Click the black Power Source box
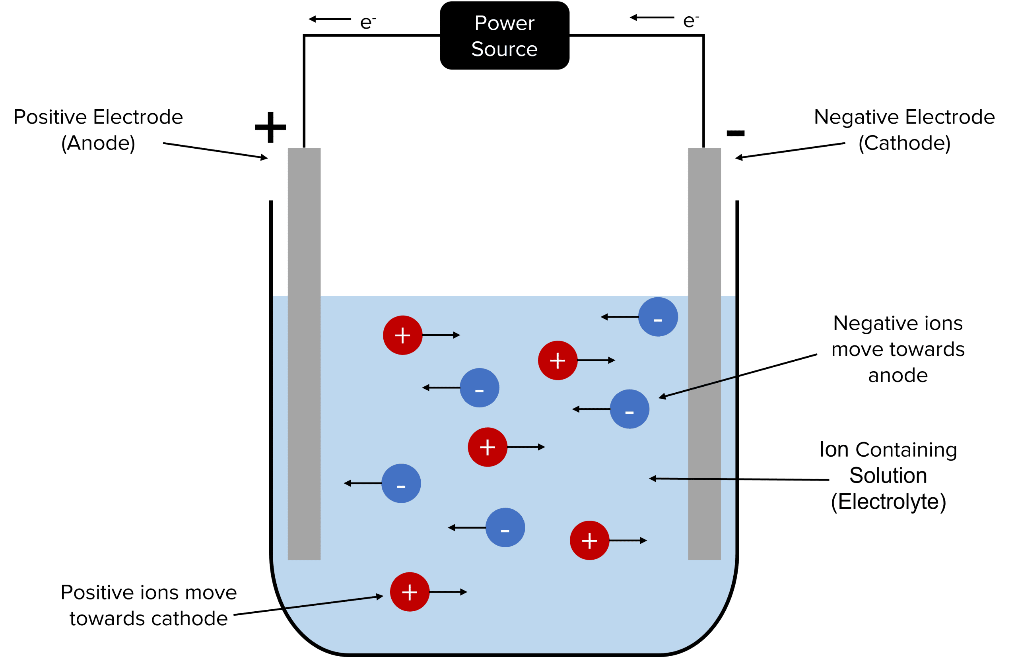tap(505, 36)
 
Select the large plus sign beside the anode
tap(270, 127)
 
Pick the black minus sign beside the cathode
tap(735, 134)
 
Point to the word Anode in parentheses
tap(98, 143)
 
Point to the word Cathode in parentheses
tap(904, 143)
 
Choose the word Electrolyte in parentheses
tap(888, 502)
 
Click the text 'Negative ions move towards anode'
tap(898, 349)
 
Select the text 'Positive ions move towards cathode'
tap(149, 605)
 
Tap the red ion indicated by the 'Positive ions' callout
tap(409, 592)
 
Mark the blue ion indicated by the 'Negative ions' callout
tap(629, 409)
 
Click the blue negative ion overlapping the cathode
tap(658, 317)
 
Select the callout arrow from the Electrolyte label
tap(738, 479)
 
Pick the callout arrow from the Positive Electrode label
tap(215, 151)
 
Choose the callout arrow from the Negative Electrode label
tap(790, 151)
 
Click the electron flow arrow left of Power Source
tap(330, 19)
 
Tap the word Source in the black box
tap(505, 49)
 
